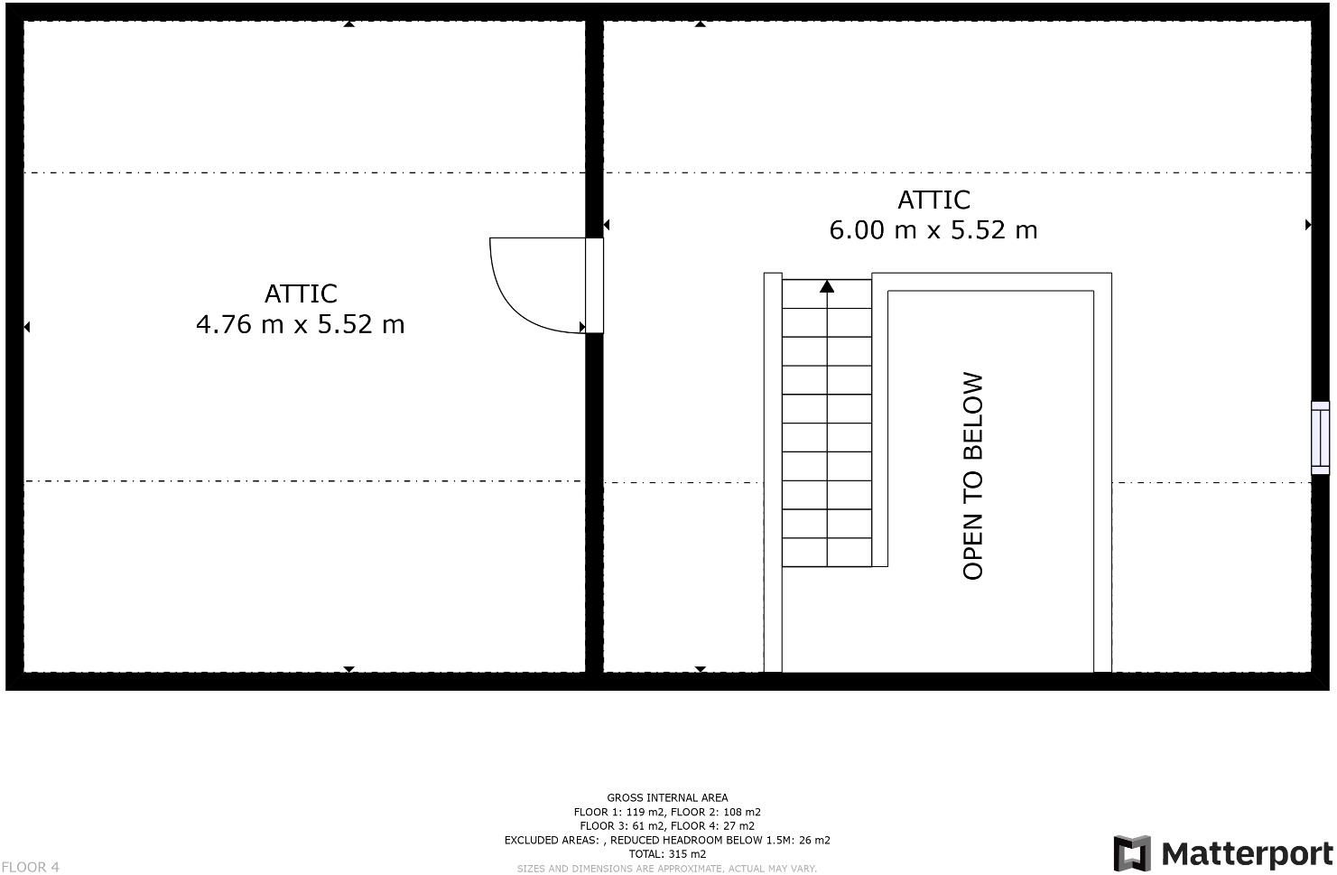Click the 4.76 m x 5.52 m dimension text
click(x=300, y=324)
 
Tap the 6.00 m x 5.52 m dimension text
click(x=933, y=230)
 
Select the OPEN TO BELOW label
click(x=973, y=476)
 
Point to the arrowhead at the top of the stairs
click(x=827, y=287)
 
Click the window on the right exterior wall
click(x=1320, y=438)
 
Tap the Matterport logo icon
click(x=1132, y=853)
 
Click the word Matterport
click(x=1247, y=853)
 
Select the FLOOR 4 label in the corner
click(x=30, y=867)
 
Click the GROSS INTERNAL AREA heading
click(x=667, y=797)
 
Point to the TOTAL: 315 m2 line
click(x=667, y=853)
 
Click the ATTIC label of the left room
click(x=301, y=293)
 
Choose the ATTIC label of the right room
click(x=933, y=200)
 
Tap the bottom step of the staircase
click(x=826, y=553)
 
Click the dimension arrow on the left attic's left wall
click(x=27, y=327)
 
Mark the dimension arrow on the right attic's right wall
click(x=1307, y=224)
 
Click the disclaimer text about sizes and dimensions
click(x=667, y=869)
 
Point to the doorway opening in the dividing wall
click(x=594, y=285)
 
